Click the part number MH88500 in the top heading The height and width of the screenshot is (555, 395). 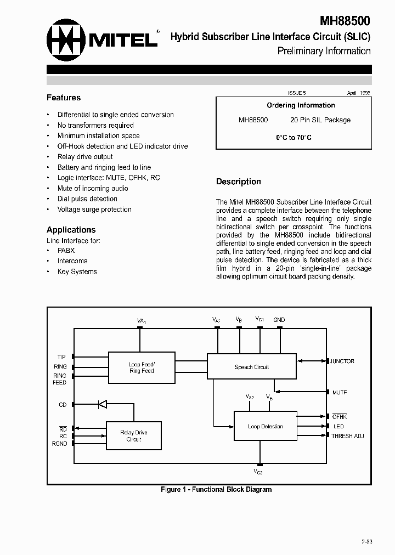(x=345, y=21)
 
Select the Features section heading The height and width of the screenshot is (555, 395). (x=64, y=98)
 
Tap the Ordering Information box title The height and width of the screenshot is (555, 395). (x=301, y=105)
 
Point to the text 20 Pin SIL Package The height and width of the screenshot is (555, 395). (x=320, y=120)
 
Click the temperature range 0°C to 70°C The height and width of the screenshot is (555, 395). (x=294, y=138)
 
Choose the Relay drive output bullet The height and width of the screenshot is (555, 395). (x=85, y=157)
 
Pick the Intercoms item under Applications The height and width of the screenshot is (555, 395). (x=72, y=261)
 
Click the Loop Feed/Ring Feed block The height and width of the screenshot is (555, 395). (x=142, y=367)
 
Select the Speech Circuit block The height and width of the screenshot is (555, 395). (x=252, y=367)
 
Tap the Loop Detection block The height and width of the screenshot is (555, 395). (x=266, y=426)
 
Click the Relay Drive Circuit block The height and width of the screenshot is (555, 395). (x=134, y=436)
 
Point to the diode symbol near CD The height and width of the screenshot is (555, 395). (x=101, y=405)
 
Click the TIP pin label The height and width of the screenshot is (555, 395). (x=61, y=357)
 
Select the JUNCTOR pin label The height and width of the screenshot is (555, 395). (x=342, y=361)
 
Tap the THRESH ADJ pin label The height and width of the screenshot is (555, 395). (x=347, y=436)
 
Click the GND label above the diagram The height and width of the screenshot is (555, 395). (x=279, y=320)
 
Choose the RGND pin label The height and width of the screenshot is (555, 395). (x=59, y=444)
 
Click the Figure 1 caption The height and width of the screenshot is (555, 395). (x=216, y=490)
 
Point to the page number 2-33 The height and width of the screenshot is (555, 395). (x=366, y=542)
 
